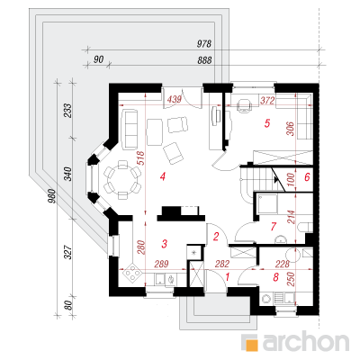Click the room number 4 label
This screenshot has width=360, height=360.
[x=163, y=176]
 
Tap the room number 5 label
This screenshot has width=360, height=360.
[x=267, y=123]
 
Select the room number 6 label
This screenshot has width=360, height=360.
[x=307, y=177]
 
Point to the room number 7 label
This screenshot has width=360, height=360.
[x=273, y=227]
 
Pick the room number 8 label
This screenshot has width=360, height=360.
[x=276, y=277]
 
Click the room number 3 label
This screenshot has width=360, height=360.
[x=164, y=244]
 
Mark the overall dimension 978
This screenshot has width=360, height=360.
[x=204, y=44]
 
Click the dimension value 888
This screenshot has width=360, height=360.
[x=204, y=60]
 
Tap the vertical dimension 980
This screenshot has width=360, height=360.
[x=52, y=196]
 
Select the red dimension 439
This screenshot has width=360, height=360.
[x=174, y=99]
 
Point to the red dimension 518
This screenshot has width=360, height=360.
[x=140, y=159]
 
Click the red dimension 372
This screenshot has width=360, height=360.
[x=267, y=101]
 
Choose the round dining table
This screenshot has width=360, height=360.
[x=122, y=180]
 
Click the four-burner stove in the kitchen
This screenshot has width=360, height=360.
[x=132, y=274]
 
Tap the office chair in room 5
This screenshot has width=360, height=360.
[x=244, y=105]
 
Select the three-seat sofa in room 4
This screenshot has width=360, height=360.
[x=130, y=129]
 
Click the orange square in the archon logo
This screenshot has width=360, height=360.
[x=251, y=343]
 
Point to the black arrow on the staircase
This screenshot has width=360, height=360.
[x=275, y=179]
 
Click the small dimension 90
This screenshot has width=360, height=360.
[x=98, y=59]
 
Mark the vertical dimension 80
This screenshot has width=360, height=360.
[x=68, y=306]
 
